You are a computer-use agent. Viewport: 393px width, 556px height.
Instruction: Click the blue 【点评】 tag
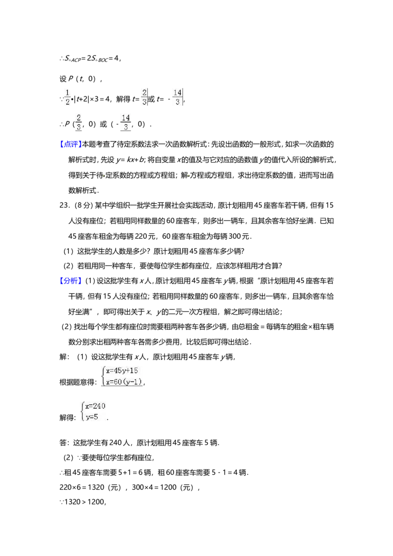[71, 144]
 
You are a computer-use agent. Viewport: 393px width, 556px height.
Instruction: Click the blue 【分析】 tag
[71, 281]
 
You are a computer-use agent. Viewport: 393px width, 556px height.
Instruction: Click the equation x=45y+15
[122, 371]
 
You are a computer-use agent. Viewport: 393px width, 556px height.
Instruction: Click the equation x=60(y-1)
[124, 382]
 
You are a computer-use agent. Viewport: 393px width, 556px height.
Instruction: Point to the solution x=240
[95, 406]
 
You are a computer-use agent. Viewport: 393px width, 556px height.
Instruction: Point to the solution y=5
[92, 417]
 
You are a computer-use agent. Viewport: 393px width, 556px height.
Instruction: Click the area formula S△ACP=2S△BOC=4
[92, 58]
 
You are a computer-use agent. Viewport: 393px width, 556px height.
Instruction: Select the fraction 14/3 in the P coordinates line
[126, 122]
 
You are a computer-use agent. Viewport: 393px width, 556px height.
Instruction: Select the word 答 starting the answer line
[63, 443]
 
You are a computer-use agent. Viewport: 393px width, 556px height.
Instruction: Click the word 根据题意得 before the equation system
[77, 382]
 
